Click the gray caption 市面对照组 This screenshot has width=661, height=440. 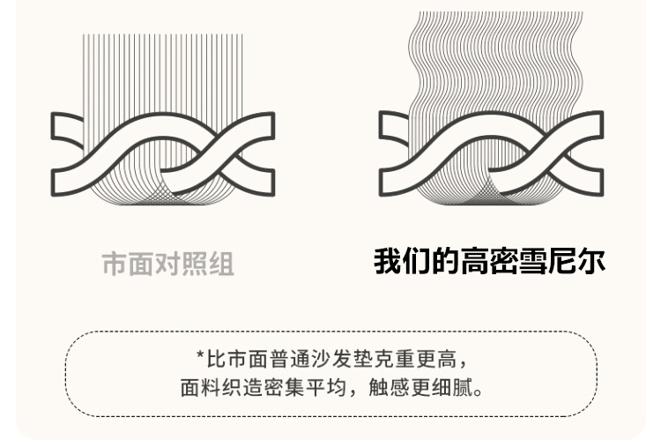pos(168,264)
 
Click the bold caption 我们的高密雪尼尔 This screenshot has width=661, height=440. pos(489,262)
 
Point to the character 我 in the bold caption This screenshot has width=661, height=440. pos(388,262)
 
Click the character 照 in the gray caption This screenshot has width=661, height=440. pos(195,264)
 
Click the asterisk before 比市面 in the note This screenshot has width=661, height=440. pos(200,359)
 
